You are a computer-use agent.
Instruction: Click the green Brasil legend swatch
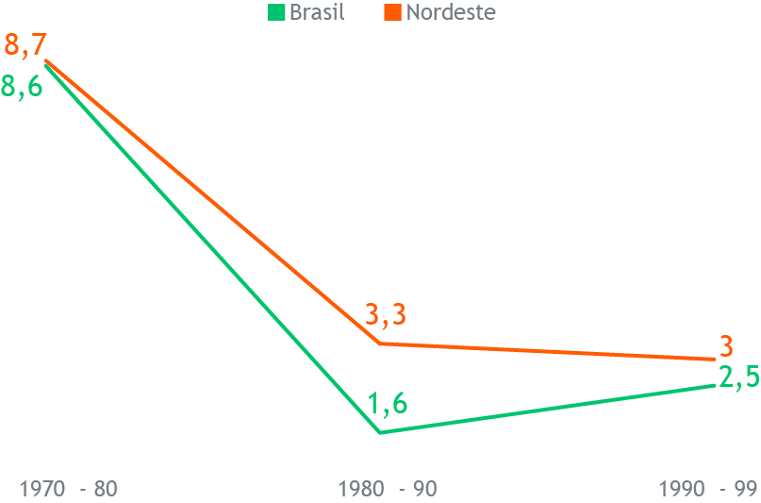tap(276, 13)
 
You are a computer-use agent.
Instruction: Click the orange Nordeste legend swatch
tap(392, 13)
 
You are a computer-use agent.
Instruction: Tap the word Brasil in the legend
tap(317, 13)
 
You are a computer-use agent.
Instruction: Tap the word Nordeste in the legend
tap(450, 13)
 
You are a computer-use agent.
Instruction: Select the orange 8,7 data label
tap(25, 44)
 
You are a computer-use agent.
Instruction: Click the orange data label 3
tap(726, 345)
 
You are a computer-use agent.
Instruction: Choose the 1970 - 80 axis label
tap(68, 489)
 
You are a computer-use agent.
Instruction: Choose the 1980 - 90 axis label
tap(388, 489)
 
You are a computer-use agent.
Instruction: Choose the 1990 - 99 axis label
tap(708, 489)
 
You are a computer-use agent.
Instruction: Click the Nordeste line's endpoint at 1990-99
tap(715, 360)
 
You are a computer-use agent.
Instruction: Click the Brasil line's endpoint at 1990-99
tap(715, 385)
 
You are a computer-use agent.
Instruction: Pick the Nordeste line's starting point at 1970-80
tap(45, 60)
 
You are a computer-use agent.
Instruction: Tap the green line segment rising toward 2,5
tap(547, 409)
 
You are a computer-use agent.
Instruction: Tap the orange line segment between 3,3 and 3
tap(547, 351)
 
